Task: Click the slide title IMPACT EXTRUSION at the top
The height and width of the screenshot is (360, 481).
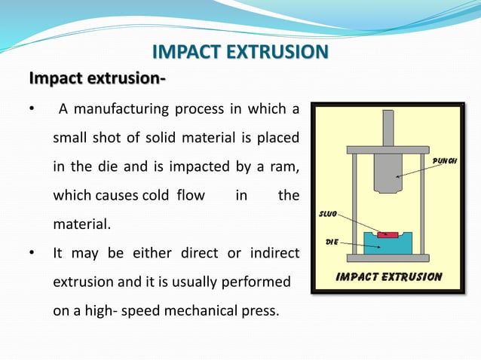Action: [240, 52]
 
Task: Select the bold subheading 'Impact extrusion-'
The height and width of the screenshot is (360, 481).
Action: [97, 78]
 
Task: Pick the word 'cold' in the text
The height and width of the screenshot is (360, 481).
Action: [156, 196]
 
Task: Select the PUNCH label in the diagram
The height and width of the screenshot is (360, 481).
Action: [444, 160]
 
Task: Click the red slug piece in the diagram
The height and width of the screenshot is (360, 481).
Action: [388, 234]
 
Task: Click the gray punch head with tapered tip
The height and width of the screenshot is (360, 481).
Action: [388, 169]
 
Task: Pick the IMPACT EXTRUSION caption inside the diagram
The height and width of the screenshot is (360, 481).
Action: [388, 276]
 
